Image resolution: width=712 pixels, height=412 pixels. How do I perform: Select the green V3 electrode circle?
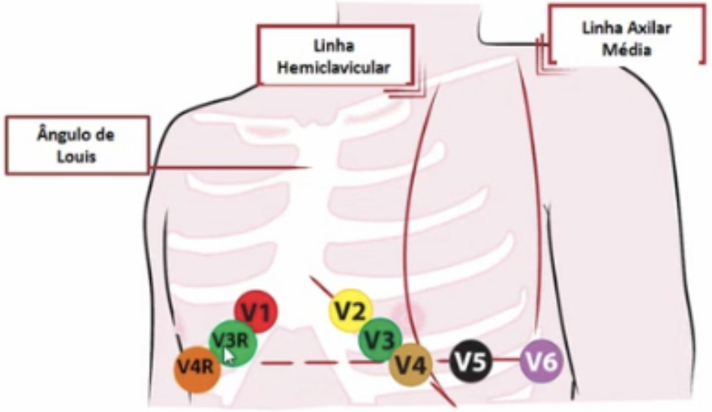tap(380, 340)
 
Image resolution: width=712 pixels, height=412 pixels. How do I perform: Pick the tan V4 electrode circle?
tap(410, 365)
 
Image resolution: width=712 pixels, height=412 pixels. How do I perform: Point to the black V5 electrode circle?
tap(470, 362)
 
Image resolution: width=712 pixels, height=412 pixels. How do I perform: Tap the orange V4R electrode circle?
tap(197, 368)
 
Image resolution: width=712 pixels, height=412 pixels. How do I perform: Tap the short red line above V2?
tap(321, 286)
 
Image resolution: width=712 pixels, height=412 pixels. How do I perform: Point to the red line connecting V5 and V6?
tap(506, 361)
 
